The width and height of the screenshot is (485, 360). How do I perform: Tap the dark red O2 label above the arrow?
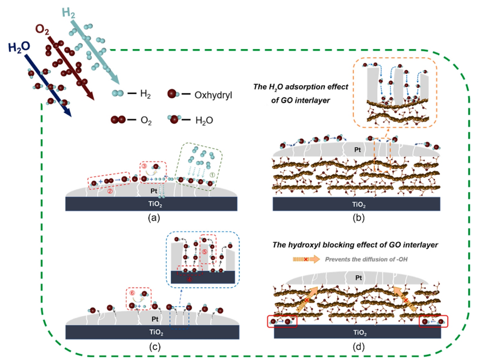click(x=45, y=29)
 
